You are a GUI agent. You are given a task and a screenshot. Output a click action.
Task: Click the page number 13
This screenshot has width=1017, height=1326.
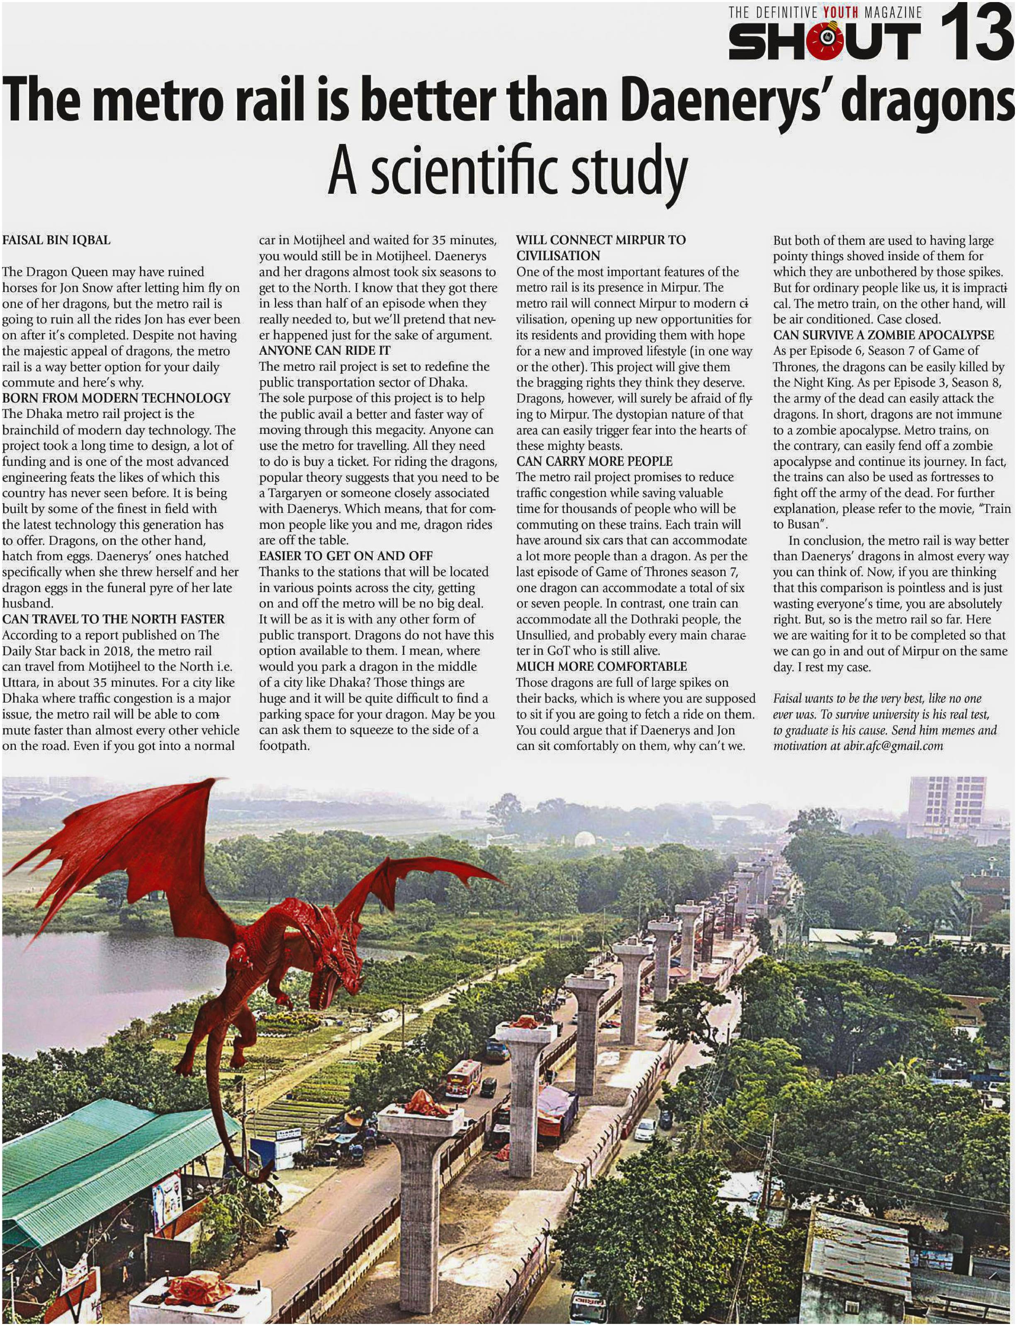tap(976, 33)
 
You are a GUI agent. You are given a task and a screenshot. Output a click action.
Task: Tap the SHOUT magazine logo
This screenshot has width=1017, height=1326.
tap(825, 41)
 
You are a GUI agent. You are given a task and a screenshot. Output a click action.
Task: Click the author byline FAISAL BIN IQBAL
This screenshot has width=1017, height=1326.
tap(56, 240)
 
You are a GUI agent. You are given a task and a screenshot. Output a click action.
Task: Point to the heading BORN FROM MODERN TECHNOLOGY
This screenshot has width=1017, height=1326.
tap(116, 398)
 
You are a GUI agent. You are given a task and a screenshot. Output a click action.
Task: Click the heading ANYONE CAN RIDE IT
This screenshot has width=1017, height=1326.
tap(324, 351)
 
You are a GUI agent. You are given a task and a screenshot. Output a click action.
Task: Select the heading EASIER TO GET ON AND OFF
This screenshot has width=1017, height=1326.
tap(345, 556)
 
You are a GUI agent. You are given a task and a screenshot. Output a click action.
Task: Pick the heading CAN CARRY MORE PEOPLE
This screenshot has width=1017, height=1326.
tap(594, 461)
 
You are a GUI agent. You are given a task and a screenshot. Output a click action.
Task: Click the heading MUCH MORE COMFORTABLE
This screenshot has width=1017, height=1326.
tap(601, 667)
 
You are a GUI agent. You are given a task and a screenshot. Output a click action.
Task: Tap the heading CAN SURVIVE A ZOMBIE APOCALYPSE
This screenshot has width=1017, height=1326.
tap(883, 335)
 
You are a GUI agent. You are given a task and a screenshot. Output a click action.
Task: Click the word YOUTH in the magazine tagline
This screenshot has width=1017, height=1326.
tap(842, 12)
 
